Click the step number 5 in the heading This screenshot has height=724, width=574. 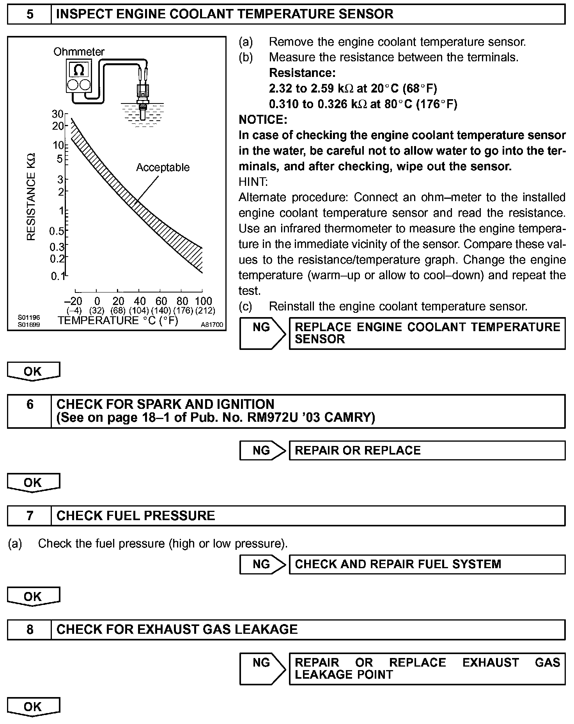tap(30, 14)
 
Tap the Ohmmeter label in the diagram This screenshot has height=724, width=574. tap(79, 52)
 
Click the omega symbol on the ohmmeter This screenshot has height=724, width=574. tap(79, 70)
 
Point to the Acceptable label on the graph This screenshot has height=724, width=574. tap(163, 168)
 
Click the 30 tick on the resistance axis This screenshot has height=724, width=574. tap(57, 114)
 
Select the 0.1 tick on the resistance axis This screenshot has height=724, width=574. tap(58, 276)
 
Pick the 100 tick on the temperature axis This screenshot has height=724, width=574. tap(203, 301)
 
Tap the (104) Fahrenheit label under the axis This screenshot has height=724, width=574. tap(139, 311)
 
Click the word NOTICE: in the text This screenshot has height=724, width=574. tap(263, 119)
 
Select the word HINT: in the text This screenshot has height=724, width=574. tap(253, 182)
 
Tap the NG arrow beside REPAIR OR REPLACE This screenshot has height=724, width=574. tap(263, 450)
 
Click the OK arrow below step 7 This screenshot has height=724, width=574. tap(33, 597)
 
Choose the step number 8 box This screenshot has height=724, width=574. tap(30, 629)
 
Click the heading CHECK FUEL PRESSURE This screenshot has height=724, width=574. tap(136, 515)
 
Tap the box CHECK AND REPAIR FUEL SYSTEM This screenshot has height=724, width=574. tap(427, 564)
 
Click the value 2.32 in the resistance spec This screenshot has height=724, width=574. tap(280, 89)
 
